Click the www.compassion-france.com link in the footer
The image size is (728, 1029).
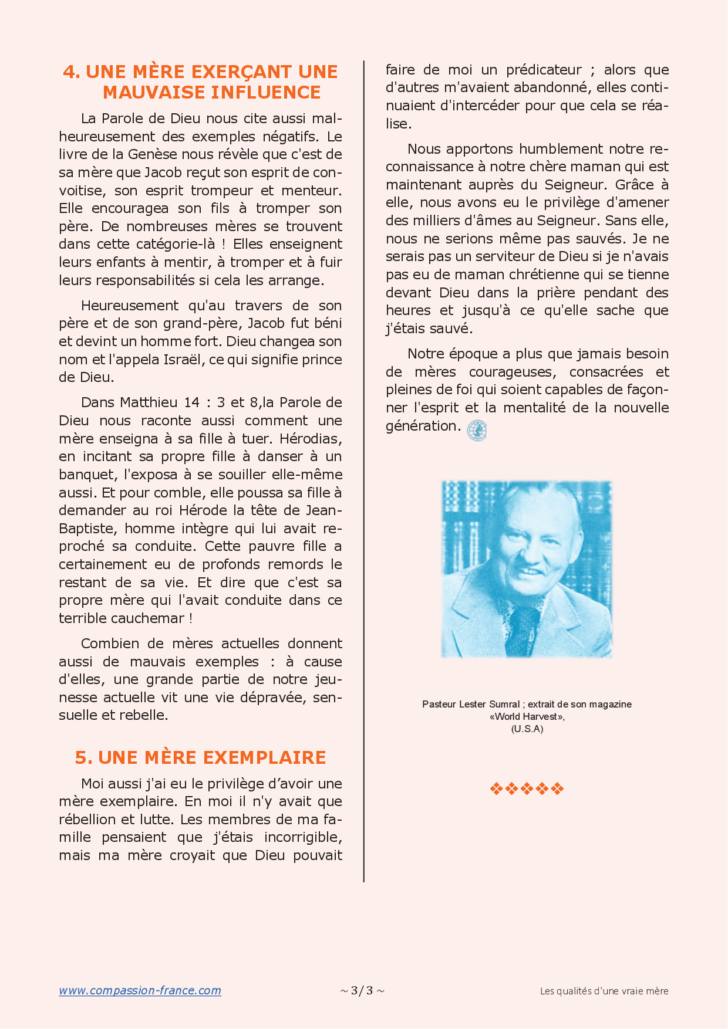click(x=140, y=991)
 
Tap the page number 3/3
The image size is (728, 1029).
click(x=362, y=991)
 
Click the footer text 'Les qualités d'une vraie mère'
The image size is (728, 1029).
click(x=604, y=991)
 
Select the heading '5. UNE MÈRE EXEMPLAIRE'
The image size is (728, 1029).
click(x=200, y=757)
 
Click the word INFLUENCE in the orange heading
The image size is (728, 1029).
click(x=266, y=92)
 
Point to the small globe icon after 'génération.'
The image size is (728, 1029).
click(x=477, y=430)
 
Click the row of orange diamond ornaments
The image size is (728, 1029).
click(x=527, y=788)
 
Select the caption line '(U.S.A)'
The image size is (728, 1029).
click(x=527, y=729)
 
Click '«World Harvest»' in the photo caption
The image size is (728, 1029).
click(x=527, y=716)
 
